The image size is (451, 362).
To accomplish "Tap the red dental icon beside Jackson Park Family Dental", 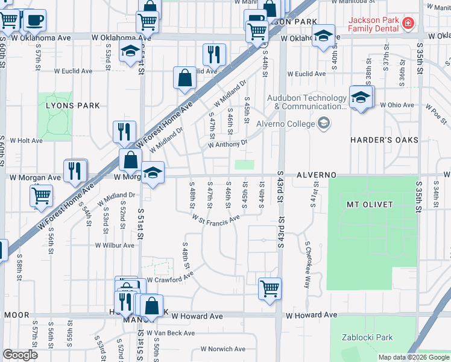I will point(408,24).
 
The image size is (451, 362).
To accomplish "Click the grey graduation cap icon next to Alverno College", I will point(324,124).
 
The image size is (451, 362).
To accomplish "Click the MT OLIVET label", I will point(370,205).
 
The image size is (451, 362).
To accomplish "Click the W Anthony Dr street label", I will point(228,144).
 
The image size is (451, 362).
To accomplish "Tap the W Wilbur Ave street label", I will point(115,246).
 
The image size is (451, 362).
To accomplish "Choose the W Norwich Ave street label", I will point(223,349).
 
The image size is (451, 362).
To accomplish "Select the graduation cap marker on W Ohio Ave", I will point(361,97).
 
